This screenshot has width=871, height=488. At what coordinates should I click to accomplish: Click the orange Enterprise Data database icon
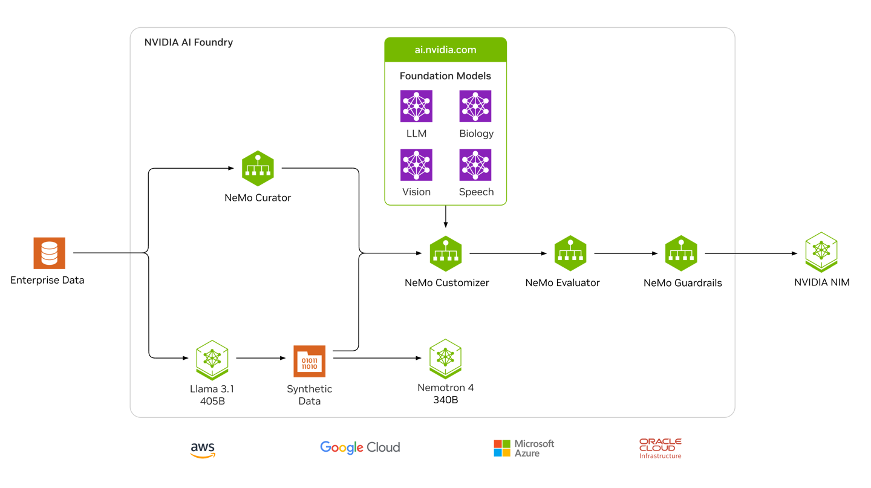[50, 253]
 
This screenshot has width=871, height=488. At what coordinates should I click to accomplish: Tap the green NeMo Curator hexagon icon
[258, 168]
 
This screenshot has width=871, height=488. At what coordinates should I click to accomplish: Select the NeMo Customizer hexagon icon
[446, 253]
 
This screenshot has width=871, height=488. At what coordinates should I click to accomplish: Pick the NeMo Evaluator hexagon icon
[570, 253]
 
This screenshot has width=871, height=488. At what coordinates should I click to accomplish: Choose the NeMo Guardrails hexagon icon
[681, 253]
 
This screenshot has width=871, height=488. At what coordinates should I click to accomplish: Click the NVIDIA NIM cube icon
[821, 252]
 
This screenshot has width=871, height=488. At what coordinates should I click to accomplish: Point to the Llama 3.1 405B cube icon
[212, 360]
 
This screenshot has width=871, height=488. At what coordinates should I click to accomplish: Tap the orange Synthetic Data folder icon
[310, 361]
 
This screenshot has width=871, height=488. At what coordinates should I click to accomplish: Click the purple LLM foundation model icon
[416, 106]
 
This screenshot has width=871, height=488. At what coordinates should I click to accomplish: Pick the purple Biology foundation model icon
[475, 106]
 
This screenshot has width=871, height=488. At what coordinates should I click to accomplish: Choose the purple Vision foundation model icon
[416, 165]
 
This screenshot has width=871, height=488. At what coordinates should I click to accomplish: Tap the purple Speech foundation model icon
[475, 165]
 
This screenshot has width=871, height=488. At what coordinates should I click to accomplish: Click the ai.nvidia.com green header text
[446, 50]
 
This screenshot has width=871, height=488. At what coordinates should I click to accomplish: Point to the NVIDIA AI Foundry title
[189, 42]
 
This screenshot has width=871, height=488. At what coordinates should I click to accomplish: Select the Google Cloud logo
[360, 447]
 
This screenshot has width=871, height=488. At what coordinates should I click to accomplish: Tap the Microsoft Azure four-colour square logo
[502, 448]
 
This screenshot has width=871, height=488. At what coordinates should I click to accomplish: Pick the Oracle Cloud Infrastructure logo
[661, 448]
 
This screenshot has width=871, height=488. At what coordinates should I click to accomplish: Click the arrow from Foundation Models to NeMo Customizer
[446, 216]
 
